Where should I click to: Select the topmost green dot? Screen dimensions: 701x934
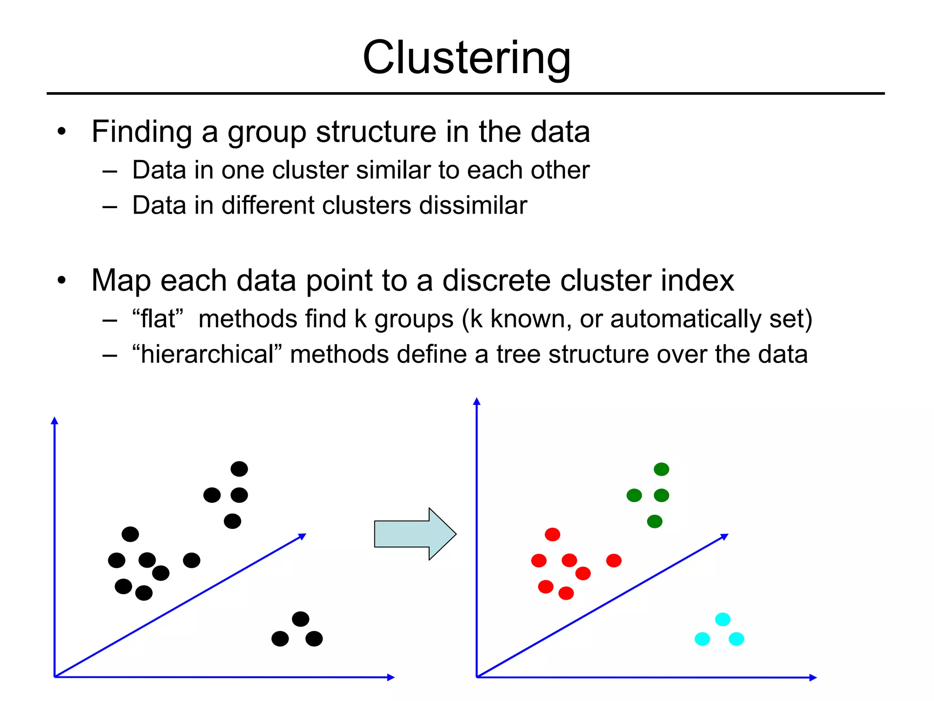point(661,469)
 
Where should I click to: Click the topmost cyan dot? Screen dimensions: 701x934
point(723,619)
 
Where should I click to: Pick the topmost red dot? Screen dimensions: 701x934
point(552,534)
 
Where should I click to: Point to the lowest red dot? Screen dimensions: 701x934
point(566,593)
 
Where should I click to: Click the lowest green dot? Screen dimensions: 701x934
point(654,521)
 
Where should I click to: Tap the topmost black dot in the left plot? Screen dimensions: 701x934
point(239,469)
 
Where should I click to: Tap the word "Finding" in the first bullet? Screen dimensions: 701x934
point(141,132)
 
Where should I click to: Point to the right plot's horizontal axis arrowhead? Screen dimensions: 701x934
point(813,678)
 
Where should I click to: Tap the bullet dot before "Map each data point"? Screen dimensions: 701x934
point(62,280)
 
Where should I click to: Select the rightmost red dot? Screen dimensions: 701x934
point(614,560)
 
